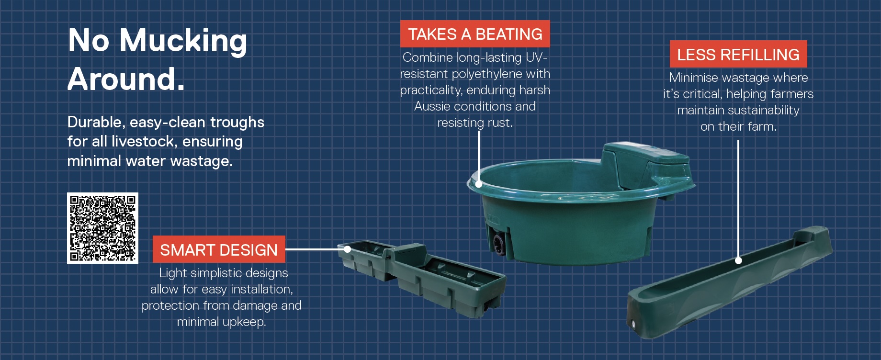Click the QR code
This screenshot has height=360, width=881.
click(102, 228)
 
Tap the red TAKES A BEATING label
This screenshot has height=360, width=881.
click(474, 34)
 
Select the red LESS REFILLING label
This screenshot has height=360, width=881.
click(738, 55)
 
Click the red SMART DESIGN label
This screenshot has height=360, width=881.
click(219, 249)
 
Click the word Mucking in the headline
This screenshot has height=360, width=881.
click(183, 41)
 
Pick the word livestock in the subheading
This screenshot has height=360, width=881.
click(143, 142)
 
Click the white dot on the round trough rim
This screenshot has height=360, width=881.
click(478, 184)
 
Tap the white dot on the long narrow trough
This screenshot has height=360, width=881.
click(738, 260)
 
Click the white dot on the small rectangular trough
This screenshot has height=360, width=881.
click(348, 249)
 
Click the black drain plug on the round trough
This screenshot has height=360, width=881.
click(498, 244)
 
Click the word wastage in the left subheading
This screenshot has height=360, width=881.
click(201, 161)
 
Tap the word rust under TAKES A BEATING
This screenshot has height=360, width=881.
click(500, 123)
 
